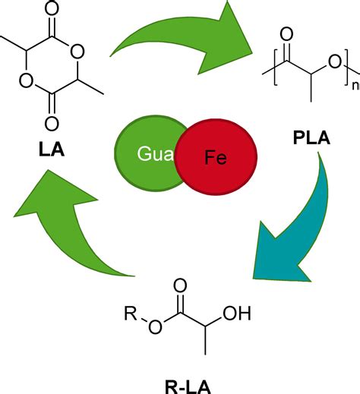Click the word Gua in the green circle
coord(150,154)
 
